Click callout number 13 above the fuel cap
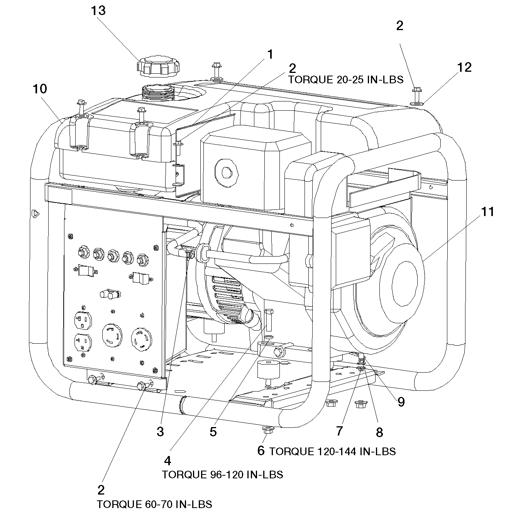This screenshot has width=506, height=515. (x=98, y=11)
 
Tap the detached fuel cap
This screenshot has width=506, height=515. (x=158, y=67)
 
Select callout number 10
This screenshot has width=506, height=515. (x=40, y=89)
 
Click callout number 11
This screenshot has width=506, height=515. (x=487, y=212)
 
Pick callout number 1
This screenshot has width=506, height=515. (x=270, y=55)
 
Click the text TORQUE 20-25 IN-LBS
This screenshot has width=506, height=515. (x=346, y=80)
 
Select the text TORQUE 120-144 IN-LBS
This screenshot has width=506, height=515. (x=332, y=451)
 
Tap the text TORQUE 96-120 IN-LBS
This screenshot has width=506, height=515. (x=222, y=474)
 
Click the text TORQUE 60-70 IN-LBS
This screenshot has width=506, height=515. (x=154, y=504)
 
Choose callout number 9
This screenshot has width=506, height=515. (x=401, y=402)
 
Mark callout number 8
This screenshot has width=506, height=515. (x=379, y=432)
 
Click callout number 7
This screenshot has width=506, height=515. (x=339, y=431)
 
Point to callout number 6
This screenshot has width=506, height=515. (x=261, y=450)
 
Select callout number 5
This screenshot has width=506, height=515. (x=213, y=432)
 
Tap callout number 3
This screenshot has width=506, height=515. (x=160, y=432)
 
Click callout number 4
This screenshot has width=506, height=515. (x=168, y=461)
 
